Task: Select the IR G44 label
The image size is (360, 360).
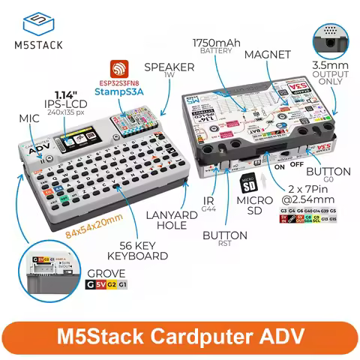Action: [x=210, y=204]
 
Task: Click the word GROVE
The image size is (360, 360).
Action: [x=106, y=274]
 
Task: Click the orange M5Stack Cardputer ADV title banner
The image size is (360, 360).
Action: [x=180, y=332]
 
